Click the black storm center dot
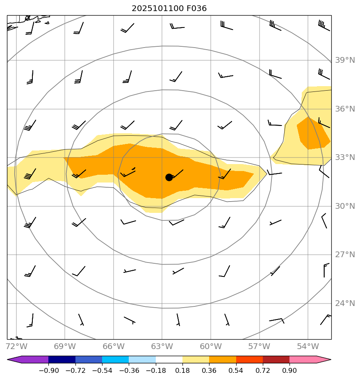(169, 177)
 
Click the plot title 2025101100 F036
(169, 8)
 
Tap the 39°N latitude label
(345, 61)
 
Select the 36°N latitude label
(345, 109)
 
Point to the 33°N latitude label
(345, 158)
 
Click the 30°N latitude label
(345, 206)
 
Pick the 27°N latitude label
(345, 255)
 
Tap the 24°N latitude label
(345, 304)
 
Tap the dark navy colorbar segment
(62, 359)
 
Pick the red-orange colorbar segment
(249, 359)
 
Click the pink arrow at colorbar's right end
(324, 359)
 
